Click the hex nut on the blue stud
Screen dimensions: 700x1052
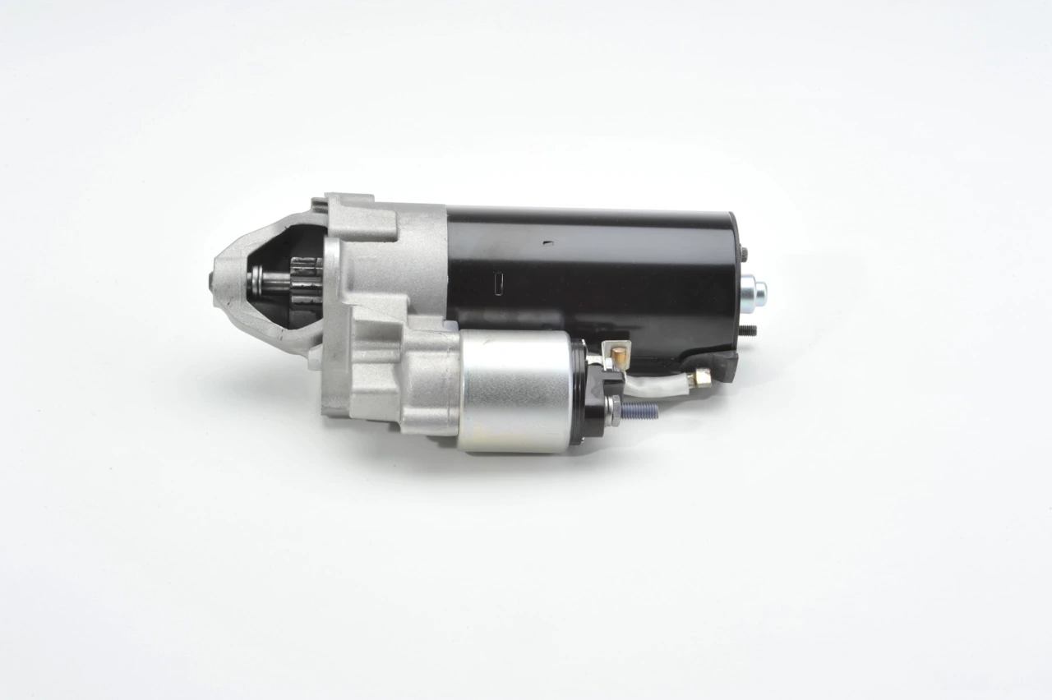coord(615,404)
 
